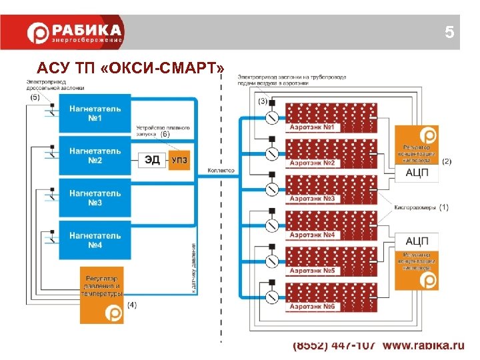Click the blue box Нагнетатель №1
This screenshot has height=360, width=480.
click(x=94, y=113)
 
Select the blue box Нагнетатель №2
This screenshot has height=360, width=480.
click(x=94, y=155)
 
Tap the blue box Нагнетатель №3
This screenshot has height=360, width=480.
click(x=94, y=197)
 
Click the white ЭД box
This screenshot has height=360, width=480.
click(x=152, y=160)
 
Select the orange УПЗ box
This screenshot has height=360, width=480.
click(x=179, y=160)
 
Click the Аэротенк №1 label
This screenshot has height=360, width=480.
click(x=315, y=127)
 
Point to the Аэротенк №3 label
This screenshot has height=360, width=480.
click(x=315, y=199)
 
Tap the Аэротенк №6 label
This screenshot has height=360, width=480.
click(x=315, y=306)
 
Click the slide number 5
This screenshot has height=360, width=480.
click(x=449, y=32)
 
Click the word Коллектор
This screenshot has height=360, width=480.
click(x=221, y=171)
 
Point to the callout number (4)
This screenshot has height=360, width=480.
click(x=131, y=305)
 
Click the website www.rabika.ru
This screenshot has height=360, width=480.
click(x=423, y=345)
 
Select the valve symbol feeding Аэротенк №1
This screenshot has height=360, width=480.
click(x=271, y=118)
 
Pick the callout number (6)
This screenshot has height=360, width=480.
click(x=165, y=133)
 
